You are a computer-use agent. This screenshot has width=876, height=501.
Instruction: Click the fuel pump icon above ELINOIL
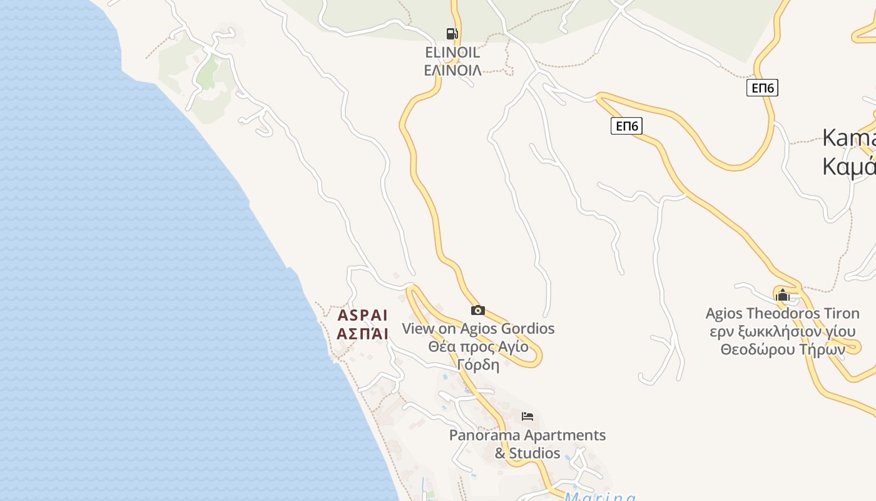pyautogui.click(x=452, y=34)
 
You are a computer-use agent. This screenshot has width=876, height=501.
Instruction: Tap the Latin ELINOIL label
pyautogui.click(x=452, y=52)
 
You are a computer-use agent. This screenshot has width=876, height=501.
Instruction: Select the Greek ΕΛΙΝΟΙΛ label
pyautogui.click(x=452, y=70)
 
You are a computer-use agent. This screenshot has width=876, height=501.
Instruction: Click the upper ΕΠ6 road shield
pyautogui.click(x=762, y=88)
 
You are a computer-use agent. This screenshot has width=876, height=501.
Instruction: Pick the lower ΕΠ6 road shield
pyautogui.click(x=626, y=126)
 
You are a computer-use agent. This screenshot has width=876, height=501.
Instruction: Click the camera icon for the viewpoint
pyautogui.click(x=477, y=310)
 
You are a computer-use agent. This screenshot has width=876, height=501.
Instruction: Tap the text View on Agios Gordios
pyautogui.click(x=478, y=328)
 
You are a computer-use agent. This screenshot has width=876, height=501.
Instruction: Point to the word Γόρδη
pyautogui.click(x=478, y=364)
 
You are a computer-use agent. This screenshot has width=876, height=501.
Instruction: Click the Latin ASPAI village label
pyautogui.click(x=363, y=315)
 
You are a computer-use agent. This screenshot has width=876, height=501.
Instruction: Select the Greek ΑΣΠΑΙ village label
pyautogui.click(x=363, y=333)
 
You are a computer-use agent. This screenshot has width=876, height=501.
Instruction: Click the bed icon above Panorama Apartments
pyautogui.click(x=527, y=416)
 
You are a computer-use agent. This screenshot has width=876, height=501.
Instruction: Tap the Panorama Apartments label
pyautogui.click(x=527, y=435)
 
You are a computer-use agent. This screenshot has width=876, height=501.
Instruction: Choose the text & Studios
pyautogui.click(x=527, y=453)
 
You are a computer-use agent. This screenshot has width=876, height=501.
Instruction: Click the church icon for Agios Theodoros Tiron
pyautogui.click(x=782, y=295)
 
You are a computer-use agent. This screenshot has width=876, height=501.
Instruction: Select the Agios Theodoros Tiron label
pyautogui.click(x=782, y=313)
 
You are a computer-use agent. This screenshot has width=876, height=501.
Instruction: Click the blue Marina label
pyautogui.click(x=599, y=497)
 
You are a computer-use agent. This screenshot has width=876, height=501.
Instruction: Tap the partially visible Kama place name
pyautogui.click(x=848, y=138)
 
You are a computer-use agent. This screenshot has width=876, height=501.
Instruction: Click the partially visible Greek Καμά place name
pyautogui.click(x=848, y=167)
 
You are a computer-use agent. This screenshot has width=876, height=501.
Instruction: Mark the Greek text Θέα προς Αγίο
pyautogui.click(x=478, y=346)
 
